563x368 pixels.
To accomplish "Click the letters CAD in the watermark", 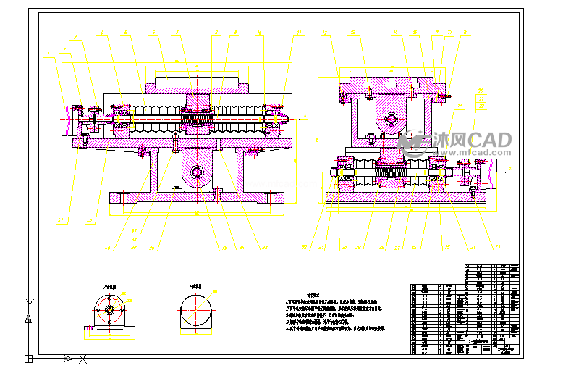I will coord(491,139).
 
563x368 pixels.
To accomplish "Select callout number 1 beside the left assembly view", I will coord(47,54).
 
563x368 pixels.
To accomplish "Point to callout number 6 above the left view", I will coord(153,33).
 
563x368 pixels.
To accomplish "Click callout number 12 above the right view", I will coord(324,33).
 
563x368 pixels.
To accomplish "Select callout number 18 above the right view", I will coord(465,33).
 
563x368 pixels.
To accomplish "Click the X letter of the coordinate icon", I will coord(83,358).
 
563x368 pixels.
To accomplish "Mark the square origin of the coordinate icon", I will coord(28,358).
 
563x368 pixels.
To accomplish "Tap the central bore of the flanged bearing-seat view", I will coord(110,311).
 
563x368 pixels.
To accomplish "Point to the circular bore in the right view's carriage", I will coord(391,118).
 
